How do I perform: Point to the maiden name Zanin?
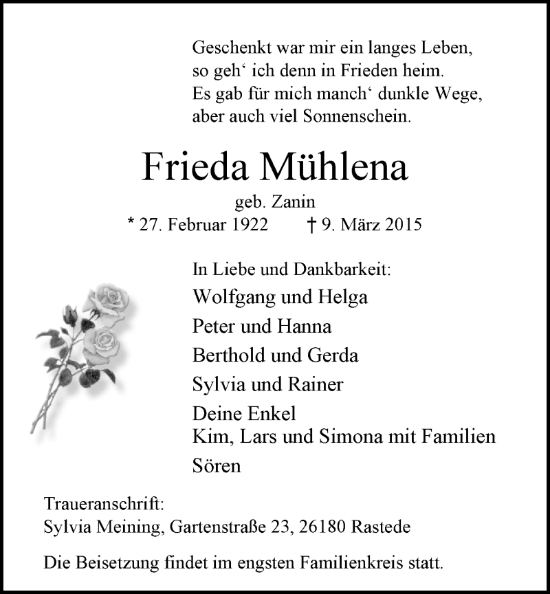(297, 202)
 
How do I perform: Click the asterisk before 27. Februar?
(132, 223)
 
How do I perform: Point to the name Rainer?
(318, 384)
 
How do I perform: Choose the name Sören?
(217, 466)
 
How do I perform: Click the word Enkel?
(271, 415)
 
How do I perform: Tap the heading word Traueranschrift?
(103, 503)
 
